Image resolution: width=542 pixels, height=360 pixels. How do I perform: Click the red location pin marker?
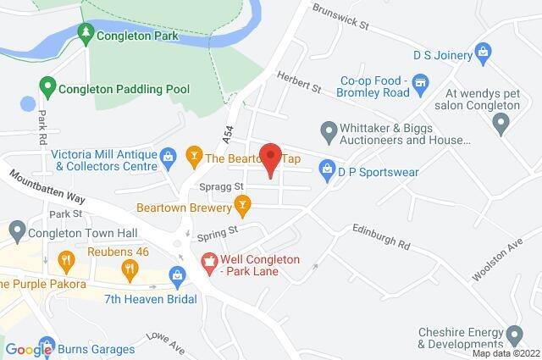pyautogui.click(x=269, y=158)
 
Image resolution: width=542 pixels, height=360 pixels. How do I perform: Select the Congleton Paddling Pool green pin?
pyautogui.click(x=47, y=86)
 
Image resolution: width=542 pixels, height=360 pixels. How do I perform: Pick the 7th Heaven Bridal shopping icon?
pyautogui.click(x=177, y=274)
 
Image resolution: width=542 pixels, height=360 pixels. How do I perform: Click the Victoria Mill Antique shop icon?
pyautogui.click(x=168, y=156)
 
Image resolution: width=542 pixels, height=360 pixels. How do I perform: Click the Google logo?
pyautogui.click(x=27, y=348)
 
